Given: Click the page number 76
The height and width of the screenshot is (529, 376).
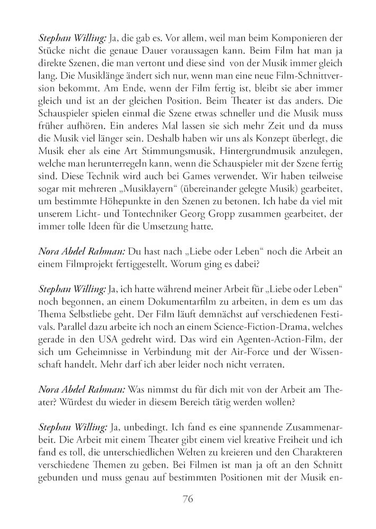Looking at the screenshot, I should pos(188,499).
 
